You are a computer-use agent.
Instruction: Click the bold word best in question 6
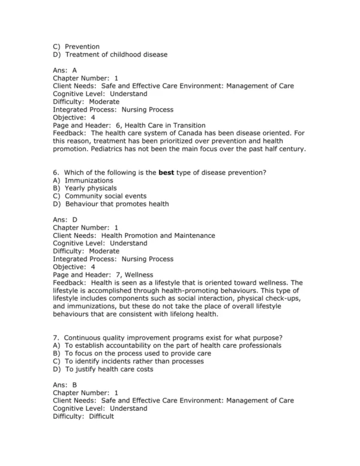pyautogui.click(x=166, y=173)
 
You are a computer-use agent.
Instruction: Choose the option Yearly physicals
pyautogui.click(x=91, y=189)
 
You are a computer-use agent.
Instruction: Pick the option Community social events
pyautogui.click(x=106, y=196)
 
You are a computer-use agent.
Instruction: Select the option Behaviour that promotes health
pyautogui.click(x=116, y=204)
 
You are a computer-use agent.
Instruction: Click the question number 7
pyautogui.click(x=55, y=337)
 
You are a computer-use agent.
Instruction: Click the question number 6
pyautogui.click(x=55, y=173)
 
